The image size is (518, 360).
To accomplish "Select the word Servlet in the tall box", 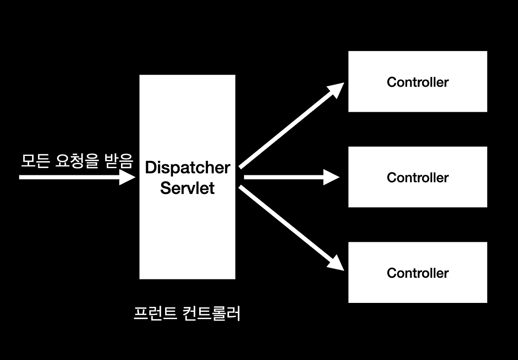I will point(187,188).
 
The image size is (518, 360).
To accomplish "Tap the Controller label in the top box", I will point(418,82).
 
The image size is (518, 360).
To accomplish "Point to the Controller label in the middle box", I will point(418,178).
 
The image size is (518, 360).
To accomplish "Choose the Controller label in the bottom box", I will point(418,273).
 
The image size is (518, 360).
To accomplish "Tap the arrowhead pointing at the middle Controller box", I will point(331,177).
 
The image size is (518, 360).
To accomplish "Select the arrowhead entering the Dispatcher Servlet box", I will point(127,177).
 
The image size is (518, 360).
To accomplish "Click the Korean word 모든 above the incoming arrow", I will point(35,161).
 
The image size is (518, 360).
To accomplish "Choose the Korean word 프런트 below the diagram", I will point(155,313).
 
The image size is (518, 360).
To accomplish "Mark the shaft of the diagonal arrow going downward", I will point(283,222).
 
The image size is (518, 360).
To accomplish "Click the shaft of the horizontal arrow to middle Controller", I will point(283,177).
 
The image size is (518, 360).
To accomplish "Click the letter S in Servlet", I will point(166,188).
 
